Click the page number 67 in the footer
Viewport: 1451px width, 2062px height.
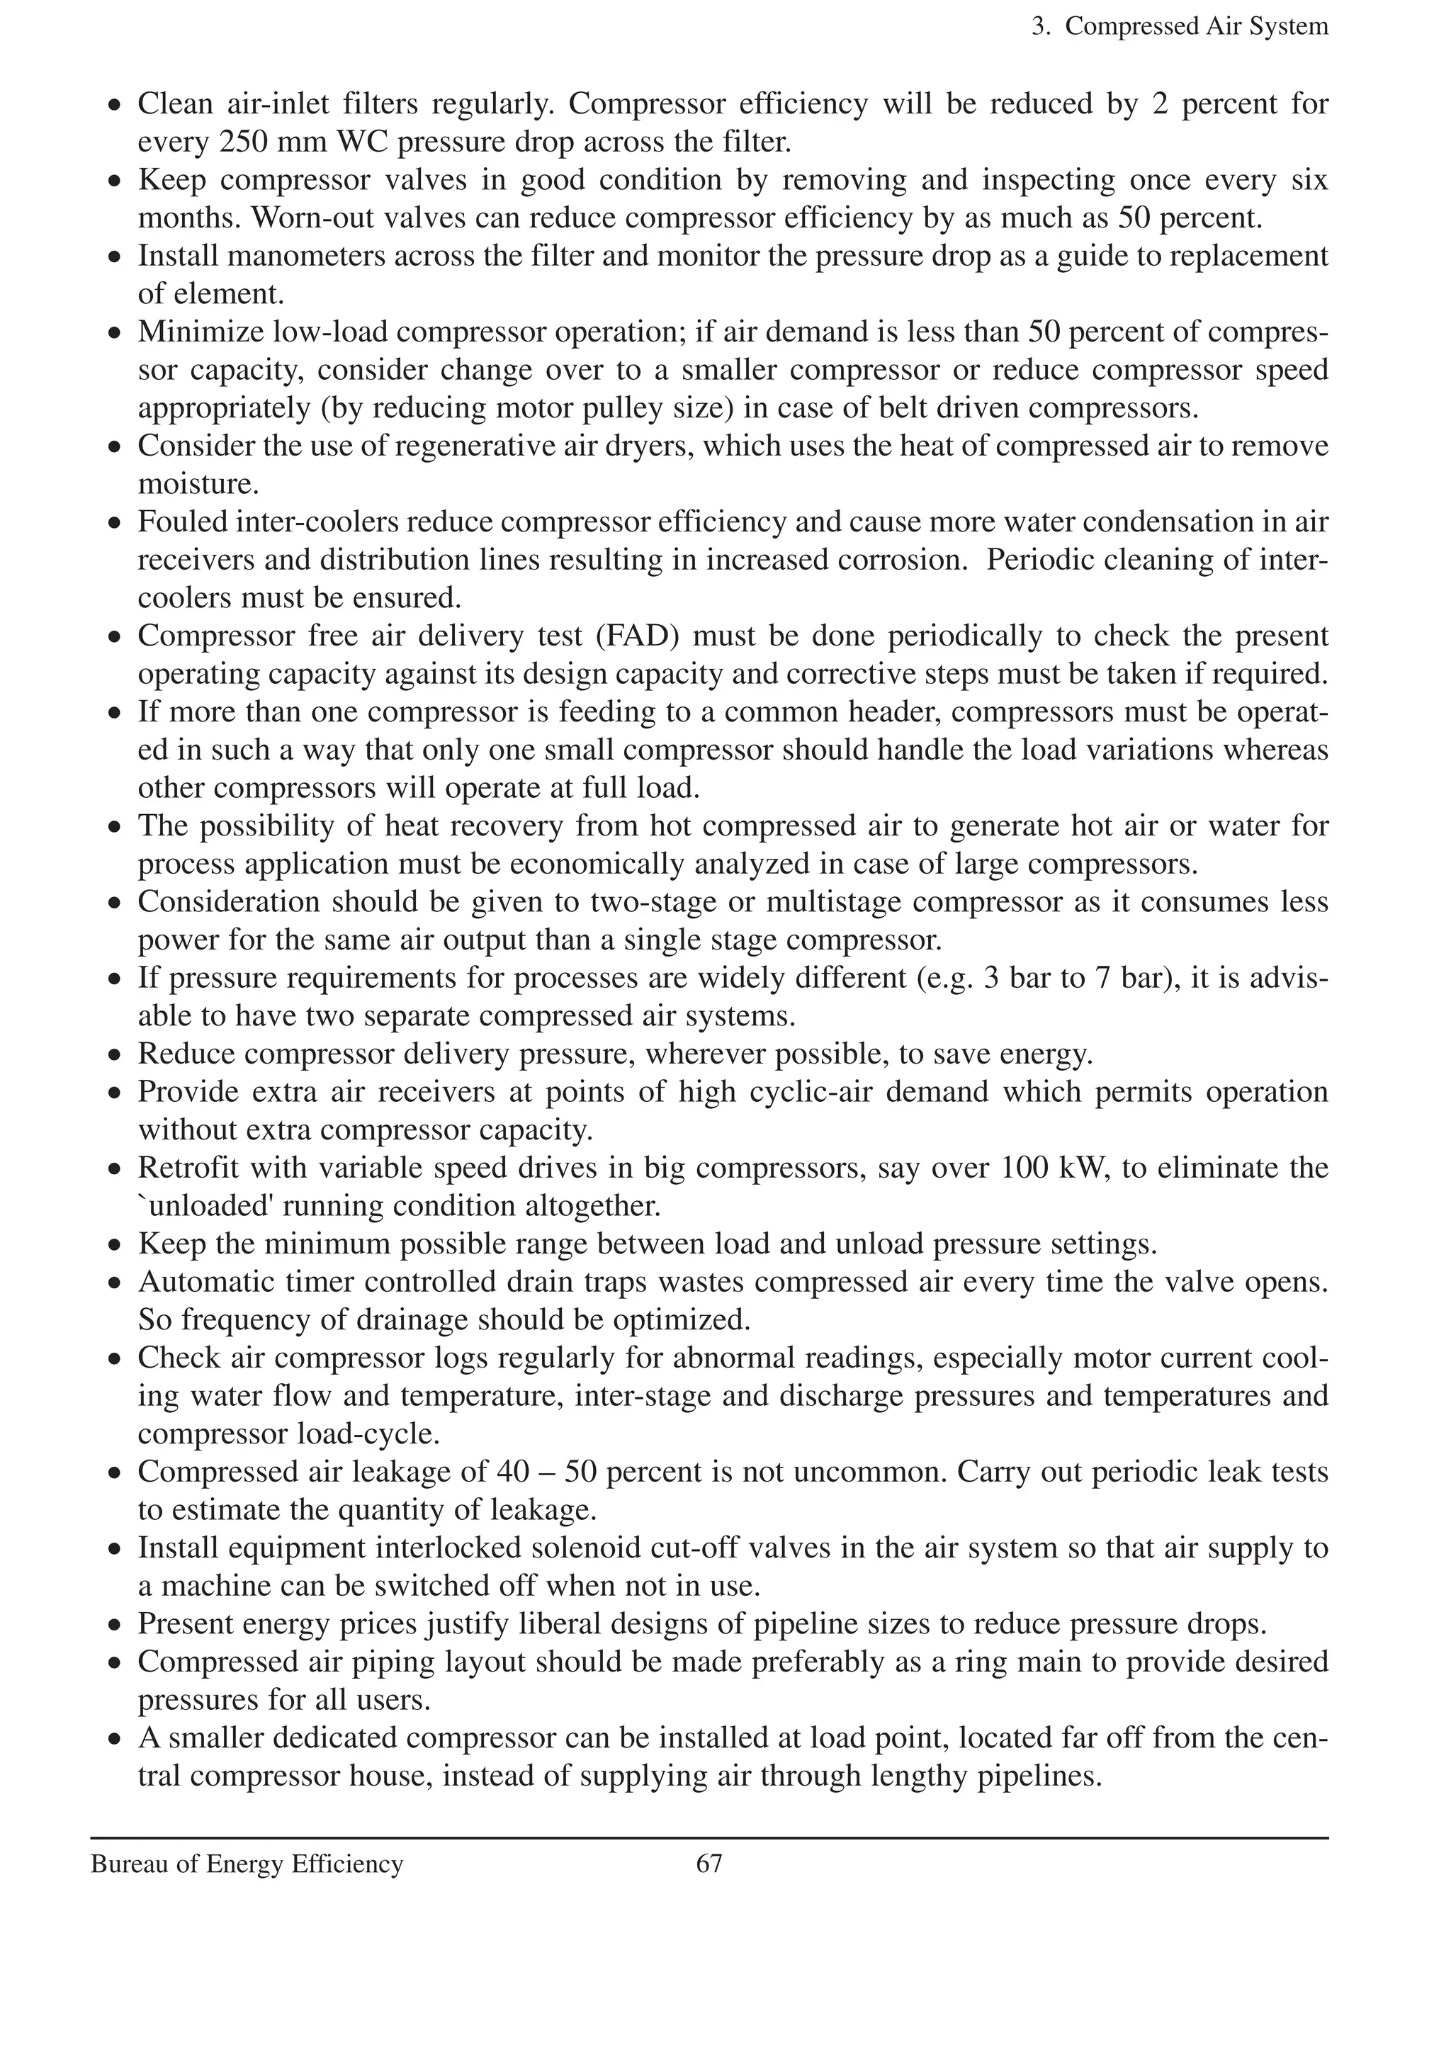pos(708,1864)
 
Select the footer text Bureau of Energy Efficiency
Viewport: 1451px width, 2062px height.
pos(247,1864)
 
